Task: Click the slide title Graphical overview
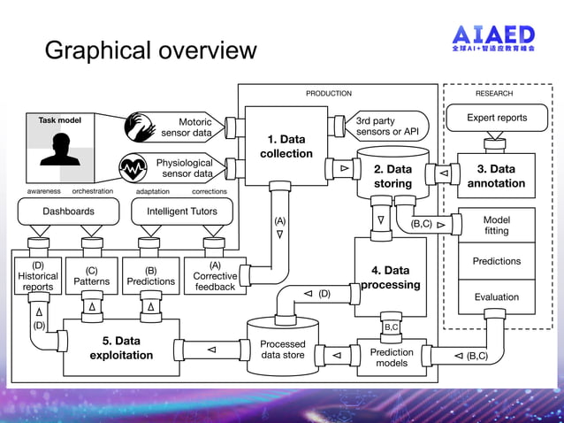tap(150, 50)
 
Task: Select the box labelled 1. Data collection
tap(286, 146)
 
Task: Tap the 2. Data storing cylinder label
tap(393, 176)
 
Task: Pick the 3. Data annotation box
tap(496, 176)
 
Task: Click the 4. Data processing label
tap(390, 277)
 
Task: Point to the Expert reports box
tap(497, 118)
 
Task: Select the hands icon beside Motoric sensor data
tap(139, 126)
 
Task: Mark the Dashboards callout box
tap(69, 211)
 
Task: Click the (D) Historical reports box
tap(37, 276)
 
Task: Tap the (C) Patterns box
tap(92, 276)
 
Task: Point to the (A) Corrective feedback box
tap(214, 276)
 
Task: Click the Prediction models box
tap(392, 358)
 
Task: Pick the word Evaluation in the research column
tap(496, 297)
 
